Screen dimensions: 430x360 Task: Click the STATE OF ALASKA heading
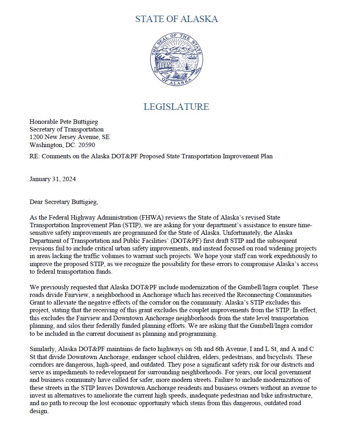coord(177,19)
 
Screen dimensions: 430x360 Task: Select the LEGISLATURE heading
coord(176,107)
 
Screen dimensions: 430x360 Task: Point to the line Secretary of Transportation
coord(66,129)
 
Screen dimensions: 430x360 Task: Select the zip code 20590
coord(87,145)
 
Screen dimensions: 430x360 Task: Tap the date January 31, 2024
coord(52,179)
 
